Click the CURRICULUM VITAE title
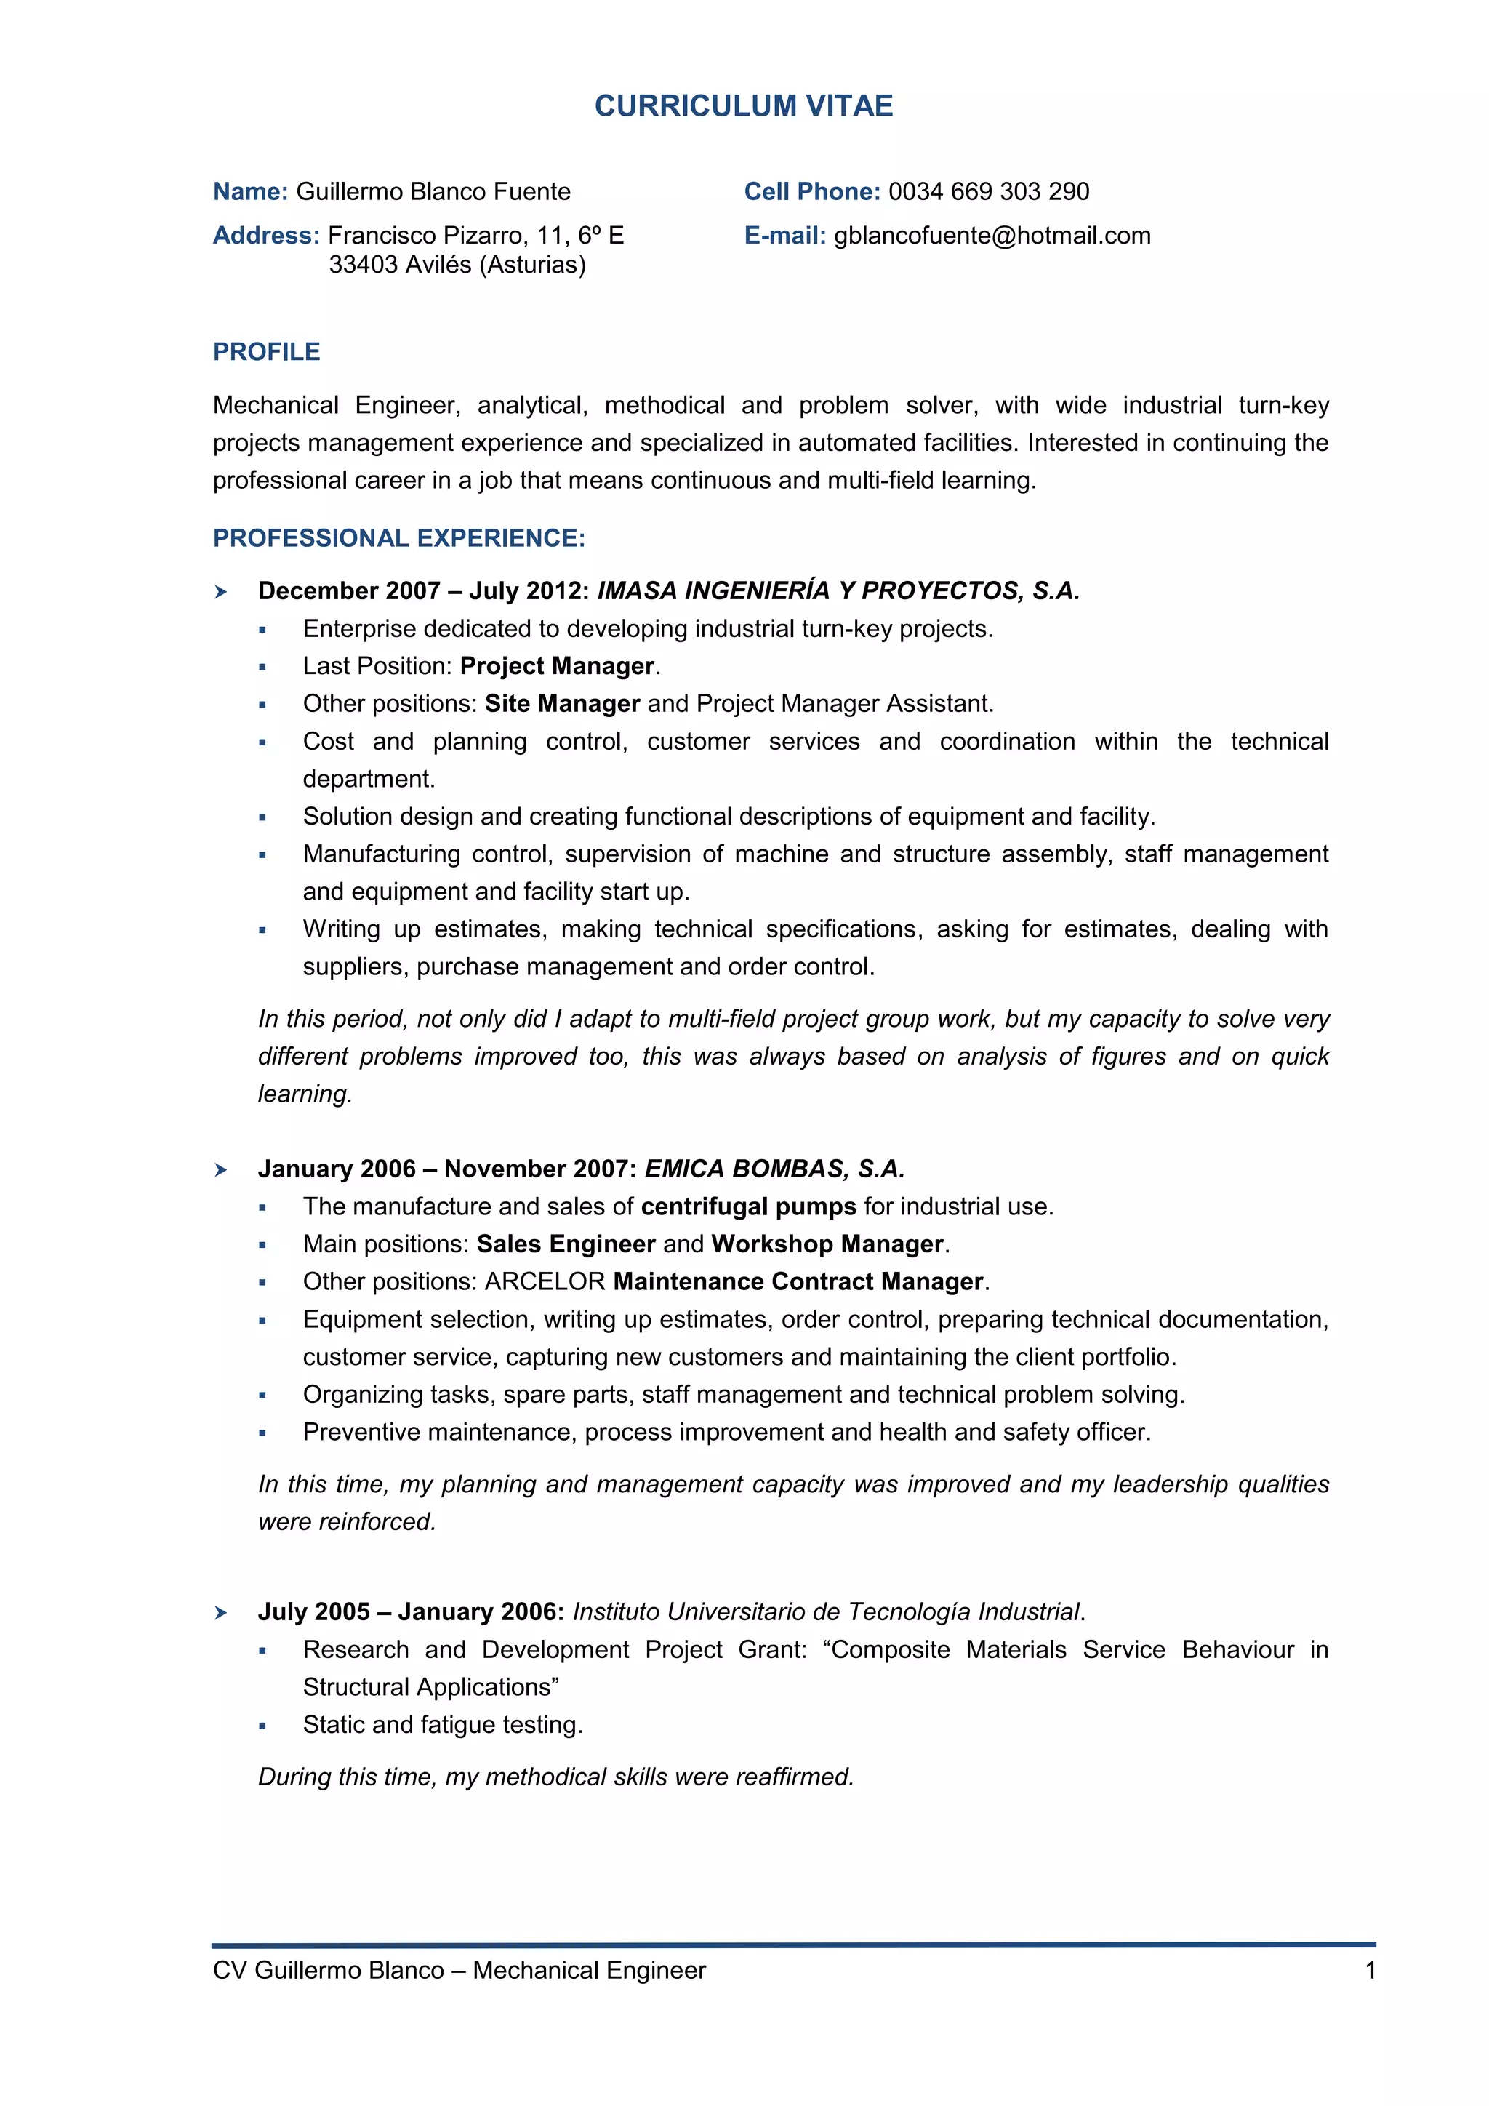[744, 106]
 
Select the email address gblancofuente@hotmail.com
[992, 236]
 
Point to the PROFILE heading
[267, 352]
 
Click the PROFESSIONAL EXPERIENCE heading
[399, 538]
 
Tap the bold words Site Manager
[562, 703]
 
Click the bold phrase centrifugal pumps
[748, 1207]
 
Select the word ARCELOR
[545, 1282]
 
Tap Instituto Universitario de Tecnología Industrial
[826, 1612]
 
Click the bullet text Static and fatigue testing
[443, 1726]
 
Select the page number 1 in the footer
[1370, 1970]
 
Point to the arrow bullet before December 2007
[221, 593]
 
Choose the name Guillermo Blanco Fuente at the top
[433, 192]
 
